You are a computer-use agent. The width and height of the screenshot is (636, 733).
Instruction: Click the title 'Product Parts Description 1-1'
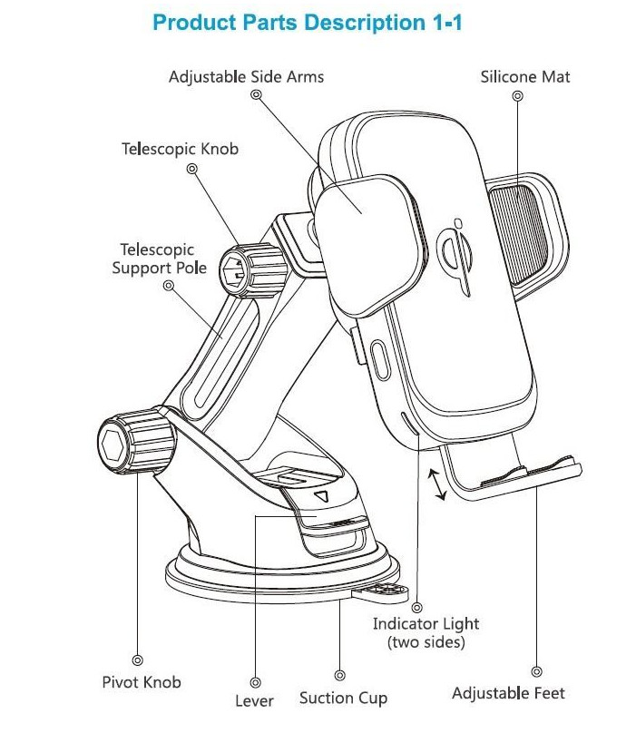pos(308,23)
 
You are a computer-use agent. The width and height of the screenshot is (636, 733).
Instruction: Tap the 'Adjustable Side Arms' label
pos(246,76)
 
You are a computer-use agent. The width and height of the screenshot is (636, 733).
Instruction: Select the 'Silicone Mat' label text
pos(525,76)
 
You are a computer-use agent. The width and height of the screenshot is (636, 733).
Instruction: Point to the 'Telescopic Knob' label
pos(180,148)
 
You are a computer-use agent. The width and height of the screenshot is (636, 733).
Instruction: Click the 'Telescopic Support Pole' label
pos(159,259)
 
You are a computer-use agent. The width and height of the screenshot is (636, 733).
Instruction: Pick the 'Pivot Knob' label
pos(141,681)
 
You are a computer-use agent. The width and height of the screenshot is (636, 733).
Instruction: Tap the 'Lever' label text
pos(254,700)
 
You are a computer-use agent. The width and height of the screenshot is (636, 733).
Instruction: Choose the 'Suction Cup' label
pos(343,698)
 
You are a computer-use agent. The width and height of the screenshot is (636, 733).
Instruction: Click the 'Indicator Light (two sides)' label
pos(426,632)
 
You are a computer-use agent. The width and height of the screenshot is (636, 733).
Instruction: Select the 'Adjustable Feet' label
pos(508,693)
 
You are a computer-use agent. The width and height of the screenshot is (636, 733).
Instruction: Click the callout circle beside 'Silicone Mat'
pos(517,94)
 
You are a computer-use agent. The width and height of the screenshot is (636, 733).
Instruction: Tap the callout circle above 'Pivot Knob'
pos(138,661)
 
